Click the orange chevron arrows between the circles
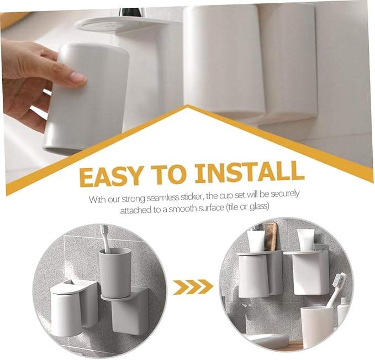point(193,286)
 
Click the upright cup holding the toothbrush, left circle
point(115,271)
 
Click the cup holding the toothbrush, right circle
point(316,326)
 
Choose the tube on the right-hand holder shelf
point(306,239)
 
